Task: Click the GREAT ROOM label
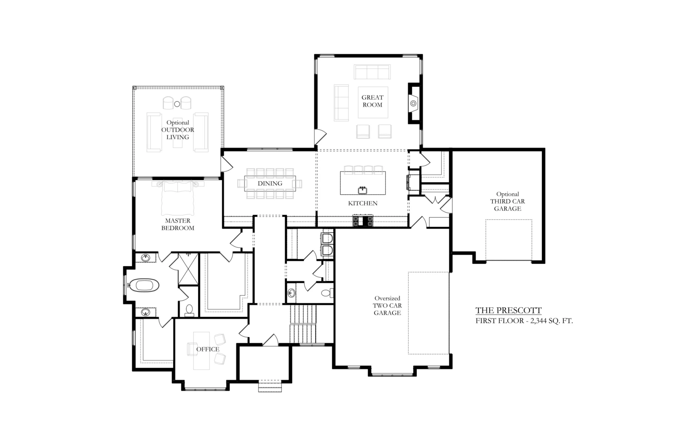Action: [x=372, y=101]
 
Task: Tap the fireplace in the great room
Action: [x=414, y=103]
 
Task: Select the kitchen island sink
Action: [x=362, y=190]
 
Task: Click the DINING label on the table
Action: [x=270, y=183]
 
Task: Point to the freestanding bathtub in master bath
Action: [x=144, y=285]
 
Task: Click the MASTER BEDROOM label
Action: [x=178, y=224]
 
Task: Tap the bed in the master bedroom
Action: [x=178, y=197]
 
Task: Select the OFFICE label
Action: [x=208, y=349]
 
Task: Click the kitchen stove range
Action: [x=363, y=221]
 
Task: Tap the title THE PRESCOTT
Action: [x=508, y=310]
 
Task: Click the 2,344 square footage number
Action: [x=537, y=321]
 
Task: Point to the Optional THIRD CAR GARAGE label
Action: [x=508, y=201]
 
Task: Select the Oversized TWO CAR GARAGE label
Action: [x=387, y=306]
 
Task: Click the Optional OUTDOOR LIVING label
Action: [x=178, y=130]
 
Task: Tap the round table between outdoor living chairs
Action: [x=177, y=104]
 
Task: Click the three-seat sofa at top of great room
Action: [x=372, y=72]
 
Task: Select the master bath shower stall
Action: [x=188, y=269]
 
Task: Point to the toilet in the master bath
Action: [x=189, y=309]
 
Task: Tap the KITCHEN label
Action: [x=363, y=203]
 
